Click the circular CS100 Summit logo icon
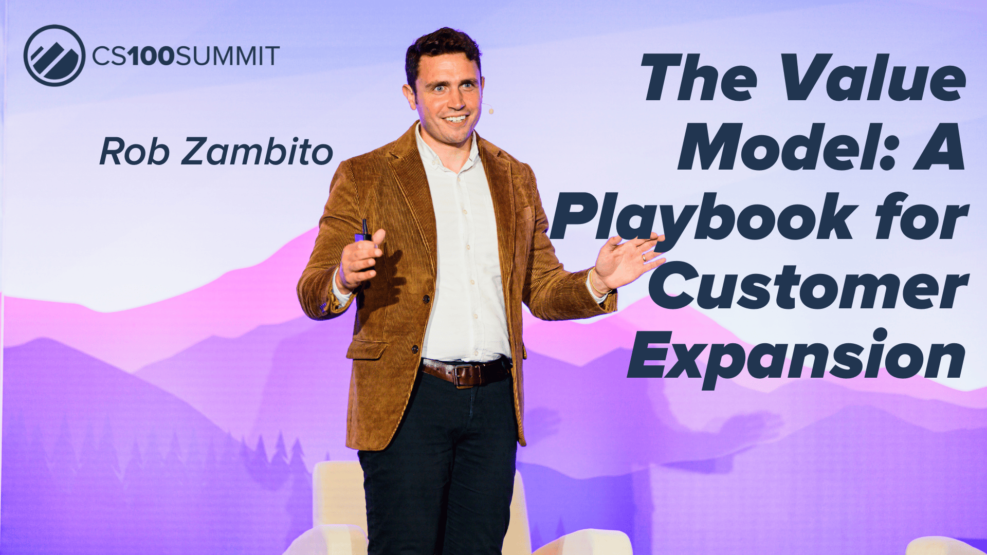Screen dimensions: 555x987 (54, 55)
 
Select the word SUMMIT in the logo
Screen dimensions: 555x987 (228, 55)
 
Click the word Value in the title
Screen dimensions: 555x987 (873, 79)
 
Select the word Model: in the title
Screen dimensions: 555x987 (787, 147)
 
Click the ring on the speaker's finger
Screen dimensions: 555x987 (644, 257)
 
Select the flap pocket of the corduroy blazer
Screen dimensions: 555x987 (367, 350)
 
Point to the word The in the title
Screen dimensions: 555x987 (699, 79)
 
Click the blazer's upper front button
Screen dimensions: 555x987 (426, 299)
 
